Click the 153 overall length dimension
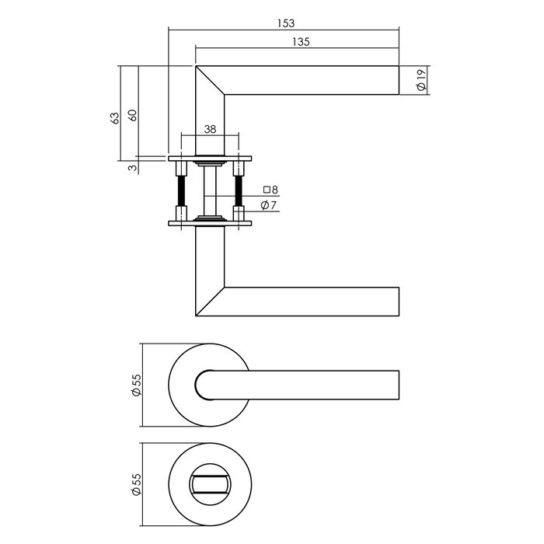(x=284, y=23)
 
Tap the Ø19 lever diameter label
(x=420, y=80)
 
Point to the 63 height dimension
(x=115, y=117)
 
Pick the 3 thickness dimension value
(x=132, y=166)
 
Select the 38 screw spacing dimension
(x=209, y=130)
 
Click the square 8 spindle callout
(x=270, y=189)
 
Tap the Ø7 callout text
(x=270, y=205)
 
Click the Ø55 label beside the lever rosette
(x=136, y=385)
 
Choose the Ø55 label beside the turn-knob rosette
(x=136, y=486)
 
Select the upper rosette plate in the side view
(x=210, y=159)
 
